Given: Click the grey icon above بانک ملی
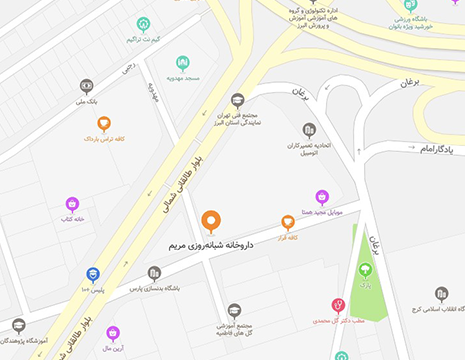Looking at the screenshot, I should (x=87, y=86).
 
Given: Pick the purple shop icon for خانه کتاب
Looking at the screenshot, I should (x=72, y=204).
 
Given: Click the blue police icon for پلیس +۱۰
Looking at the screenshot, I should (x=93, y=273).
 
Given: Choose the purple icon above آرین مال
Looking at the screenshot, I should (x=113, y=331).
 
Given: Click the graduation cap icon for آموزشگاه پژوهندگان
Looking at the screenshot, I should (x=19, y=325).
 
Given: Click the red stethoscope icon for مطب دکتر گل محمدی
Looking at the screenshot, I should (x=338, y=305).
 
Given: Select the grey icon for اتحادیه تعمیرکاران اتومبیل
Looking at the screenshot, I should (x=310, y=130).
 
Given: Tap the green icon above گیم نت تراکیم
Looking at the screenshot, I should (x=144, y=25).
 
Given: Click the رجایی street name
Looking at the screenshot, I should (x=127, y=71).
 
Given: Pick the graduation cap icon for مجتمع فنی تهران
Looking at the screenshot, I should (x=238, y=100).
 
